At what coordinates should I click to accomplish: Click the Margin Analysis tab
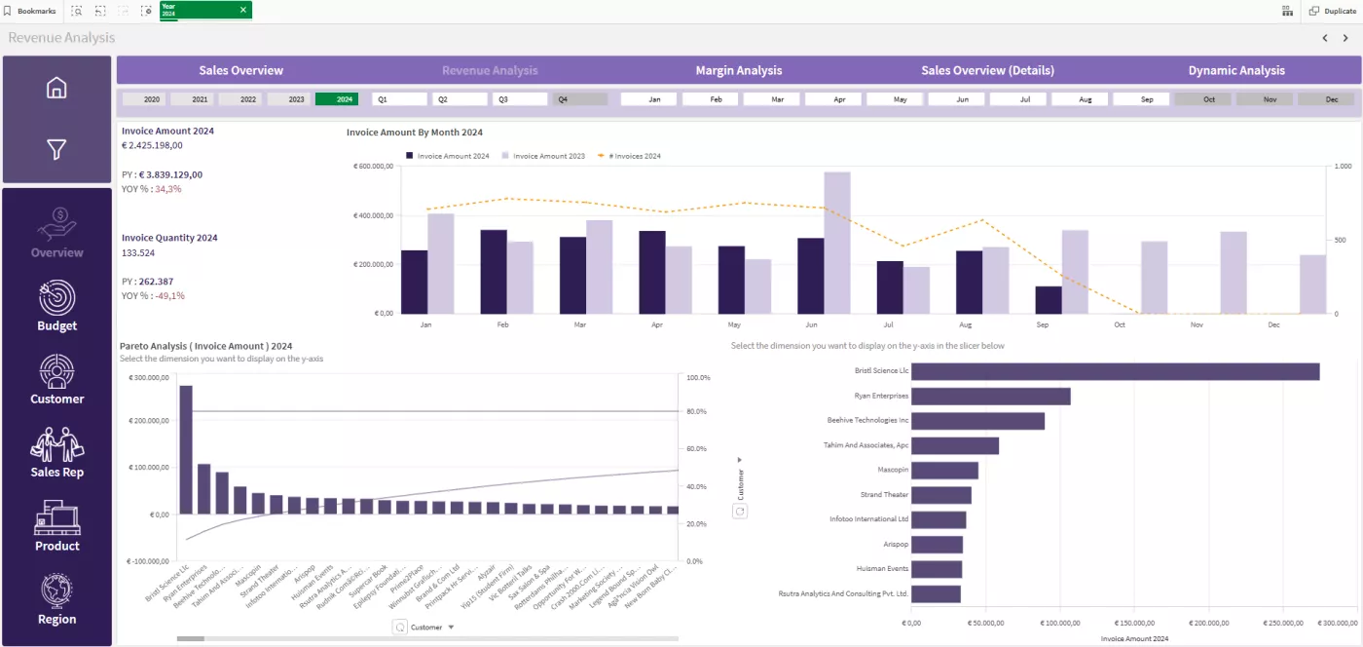738,70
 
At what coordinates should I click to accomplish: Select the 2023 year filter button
296,99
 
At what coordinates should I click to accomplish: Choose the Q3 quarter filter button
519,99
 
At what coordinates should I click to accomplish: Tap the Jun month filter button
962,99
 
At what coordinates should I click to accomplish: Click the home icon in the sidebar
56,88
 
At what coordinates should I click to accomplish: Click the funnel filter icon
56,149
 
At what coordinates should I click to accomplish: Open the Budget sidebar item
56,306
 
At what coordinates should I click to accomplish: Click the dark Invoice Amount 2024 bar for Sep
1048,300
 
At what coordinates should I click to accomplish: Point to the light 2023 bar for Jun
836,244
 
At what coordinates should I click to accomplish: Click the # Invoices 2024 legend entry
633,156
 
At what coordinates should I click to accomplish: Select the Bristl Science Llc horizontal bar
1115,371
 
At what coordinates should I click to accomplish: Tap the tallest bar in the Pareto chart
186,449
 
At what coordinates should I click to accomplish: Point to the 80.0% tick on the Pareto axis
698,412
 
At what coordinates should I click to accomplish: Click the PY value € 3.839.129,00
170,174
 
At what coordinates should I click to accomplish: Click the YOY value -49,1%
169,295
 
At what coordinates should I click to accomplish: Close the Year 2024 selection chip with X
242,10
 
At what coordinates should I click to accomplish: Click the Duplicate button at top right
1332,11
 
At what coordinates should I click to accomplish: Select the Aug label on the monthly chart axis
965,324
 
